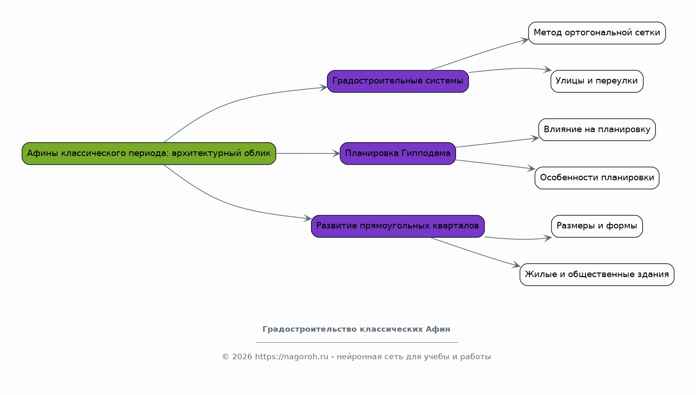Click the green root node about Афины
[x=149, y=154]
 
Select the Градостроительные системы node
[x=398, y=81]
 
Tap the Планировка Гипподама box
[x=398, y=154]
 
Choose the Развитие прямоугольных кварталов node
[x=398, y=226]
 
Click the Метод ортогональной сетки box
[x=597, y=33]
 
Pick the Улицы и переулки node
[x=597, y=81]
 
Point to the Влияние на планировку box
[x=597, y=129]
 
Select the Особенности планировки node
[x=597, y=178]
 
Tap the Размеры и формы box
[x=597, y=226]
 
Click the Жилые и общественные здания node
[x=597, y=274]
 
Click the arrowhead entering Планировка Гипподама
[x=336, y=154]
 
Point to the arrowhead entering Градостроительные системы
[x=323, y=88]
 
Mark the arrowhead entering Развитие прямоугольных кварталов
[x=307, y=218]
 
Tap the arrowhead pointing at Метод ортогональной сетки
[x=525, y=40]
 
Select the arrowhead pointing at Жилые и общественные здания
[x=517, y=266]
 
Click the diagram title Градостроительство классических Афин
[x=356, y=329]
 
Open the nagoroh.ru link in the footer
[x=291, y=357]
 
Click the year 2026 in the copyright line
[x=242, y=357]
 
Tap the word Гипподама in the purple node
[x=426, y=153]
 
